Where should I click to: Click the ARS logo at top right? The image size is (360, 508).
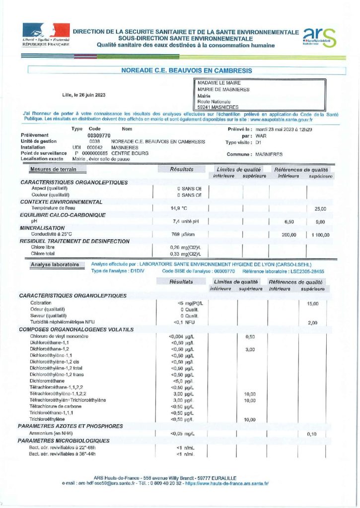pyautogui.click(x=320, y=37)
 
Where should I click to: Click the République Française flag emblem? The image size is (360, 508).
pyautogui.click(x=45, y=30)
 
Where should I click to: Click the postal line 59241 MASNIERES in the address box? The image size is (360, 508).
pyautogui.click(x=217, y=107)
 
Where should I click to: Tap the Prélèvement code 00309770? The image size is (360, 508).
pyautogui.click(x=99, y=135)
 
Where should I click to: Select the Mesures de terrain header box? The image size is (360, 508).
pyautogui.click(x=53, y=169)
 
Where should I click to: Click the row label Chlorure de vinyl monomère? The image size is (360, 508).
pyautogui.click(x=59, y=336)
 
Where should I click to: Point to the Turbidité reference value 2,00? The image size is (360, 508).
pyautogui.click(x=312, y=323)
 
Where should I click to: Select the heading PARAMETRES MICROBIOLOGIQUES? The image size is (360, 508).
pyautogui.click(x=64, y=441)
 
